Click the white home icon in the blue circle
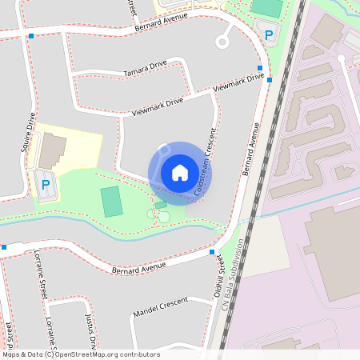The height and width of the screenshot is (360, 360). (180, 173)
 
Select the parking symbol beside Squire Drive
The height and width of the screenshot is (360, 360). (45, 185)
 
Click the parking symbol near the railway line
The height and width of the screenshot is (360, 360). (269, 35)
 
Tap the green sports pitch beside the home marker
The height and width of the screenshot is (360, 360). (112, 201)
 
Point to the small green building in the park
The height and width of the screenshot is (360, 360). (161, 206)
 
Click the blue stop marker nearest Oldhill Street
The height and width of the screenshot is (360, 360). (212, 252)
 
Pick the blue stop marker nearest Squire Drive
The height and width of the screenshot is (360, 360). (30, 36)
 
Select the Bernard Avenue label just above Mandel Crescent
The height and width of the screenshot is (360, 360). (139, 267)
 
